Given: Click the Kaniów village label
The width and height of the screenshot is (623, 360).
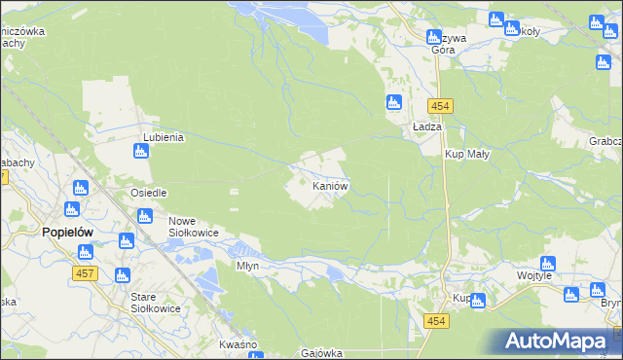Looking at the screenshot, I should (330, 185).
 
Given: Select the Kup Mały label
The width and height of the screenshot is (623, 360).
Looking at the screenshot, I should (467, 155).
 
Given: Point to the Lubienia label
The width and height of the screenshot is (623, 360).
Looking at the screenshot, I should (164, 137).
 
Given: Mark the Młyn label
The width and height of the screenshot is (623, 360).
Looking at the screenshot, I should (247, 265).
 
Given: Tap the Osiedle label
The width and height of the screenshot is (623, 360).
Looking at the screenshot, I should (149, 193).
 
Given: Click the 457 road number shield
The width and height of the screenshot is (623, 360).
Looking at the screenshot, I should (84, 274).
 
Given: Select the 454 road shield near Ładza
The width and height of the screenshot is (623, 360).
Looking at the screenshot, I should (437, 105).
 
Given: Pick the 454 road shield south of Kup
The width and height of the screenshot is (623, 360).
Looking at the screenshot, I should (436, 321).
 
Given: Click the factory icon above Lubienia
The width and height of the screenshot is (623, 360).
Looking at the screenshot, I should (140, 151).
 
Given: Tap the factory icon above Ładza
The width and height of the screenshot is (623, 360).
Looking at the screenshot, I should (394, 102).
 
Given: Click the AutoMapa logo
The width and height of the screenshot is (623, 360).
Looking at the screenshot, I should (559, 342).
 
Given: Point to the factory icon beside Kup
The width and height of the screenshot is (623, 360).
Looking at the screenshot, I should (477, 301).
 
